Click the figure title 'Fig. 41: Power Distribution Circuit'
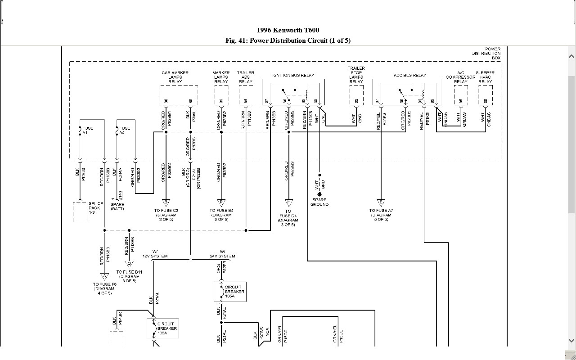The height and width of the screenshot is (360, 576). [288, 40]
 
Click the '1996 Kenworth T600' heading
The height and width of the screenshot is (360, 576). [288, 30]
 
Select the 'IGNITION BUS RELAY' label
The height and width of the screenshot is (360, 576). [293, 76]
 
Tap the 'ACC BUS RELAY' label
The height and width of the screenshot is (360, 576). [410, 76]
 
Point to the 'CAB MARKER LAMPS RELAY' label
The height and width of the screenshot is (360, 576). [175, 77]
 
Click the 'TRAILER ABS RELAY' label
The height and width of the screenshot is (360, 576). [246, 77]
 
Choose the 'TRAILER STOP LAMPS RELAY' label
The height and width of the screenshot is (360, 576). [356, 75]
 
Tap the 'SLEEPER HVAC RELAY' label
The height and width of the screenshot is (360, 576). [485, 77]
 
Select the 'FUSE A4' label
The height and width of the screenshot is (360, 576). [125, 130]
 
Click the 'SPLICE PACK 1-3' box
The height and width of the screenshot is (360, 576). [80, 211]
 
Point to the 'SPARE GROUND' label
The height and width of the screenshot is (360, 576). [319, 202]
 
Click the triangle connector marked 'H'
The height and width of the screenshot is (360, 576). [288, 202]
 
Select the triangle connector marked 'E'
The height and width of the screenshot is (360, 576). [381, 202]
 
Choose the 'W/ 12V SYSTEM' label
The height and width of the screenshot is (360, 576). [155, 254]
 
